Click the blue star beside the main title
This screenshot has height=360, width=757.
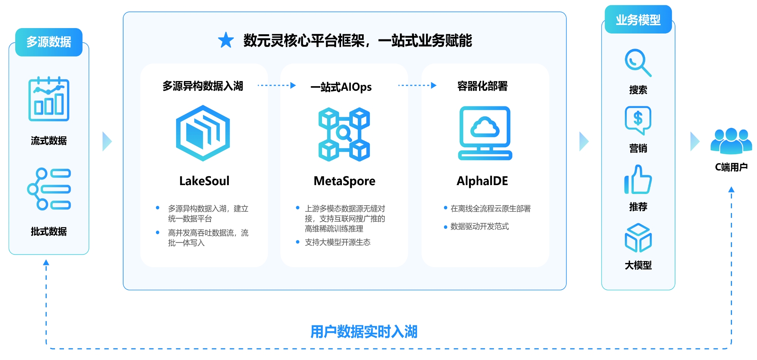(226, 41)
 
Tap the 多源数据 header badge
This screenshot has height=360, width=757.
(49, 42)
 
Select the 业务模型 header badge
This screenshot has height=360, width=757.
(638, 19)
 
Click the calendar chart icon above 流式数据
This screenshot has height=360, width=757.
(49, 99)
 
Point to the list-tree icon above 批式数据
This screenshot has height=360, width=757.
(49, 189)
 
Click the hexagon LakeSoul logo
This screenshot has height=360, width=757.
(203, 133)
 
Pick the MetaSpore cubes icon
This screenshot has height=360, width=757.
(344, 134)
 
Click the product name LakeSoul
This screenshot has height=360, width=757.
(204, 181)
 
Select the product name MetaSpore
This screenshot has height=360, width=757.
(344, 181)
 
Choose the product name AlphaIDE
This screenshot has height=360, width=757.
(482, 181)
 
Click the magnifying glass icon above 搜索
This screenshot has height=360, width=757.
(638, 62)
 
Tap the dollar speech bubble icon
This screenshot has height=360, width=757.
(638, 120)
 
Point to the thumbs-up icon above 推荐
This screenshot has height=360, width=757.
(638, 180)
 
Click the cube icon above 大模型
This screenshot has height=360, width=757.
(638, 238)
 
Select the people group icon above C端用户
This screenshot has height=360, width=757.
(731, 141)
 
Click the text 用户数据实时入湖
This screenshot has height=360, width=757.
(364, 332)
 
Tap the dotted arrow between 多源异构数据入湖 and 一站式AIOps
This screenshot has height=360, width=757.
(276, 85)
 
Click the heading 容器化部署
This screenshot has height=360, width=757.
(482, 86)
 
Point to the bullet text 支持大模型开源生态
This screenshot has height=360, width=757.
(338, 242)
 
